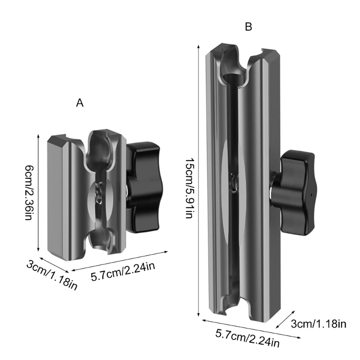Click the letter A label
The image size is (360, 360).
click(80, 103)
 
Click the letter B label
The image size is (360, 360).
click(248, 27)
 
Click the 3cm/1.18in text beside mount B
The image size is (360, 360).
click(318, 323)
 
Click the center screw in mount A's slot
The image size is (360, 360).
click(99, 194)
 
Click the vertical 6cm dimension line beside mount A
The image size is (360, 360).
click(39, 194)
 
